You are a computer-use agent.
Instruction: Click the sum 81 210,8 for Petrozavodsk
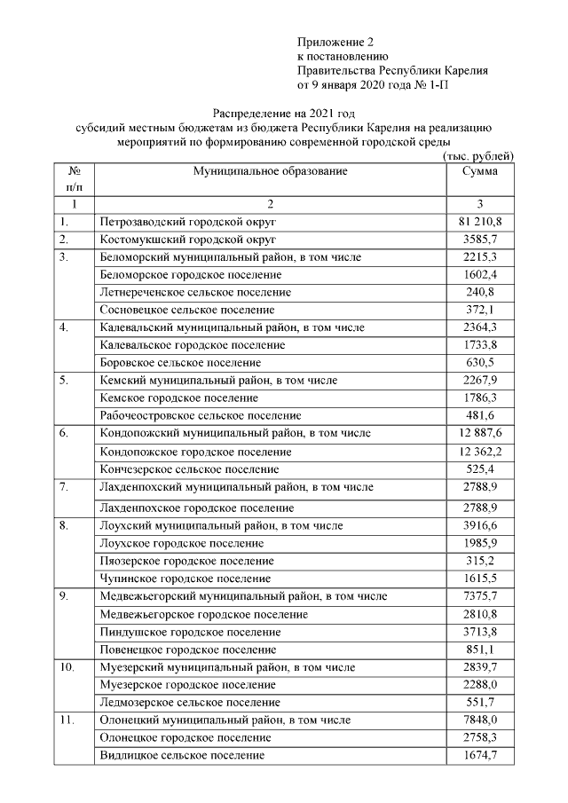click(479, 222)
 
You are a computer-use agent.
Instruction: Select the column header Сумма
click(479, 171)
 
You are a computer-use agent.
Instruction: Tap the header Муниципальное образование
click(271, 171)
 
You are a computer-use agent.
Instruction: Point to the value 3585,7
click(479, 240)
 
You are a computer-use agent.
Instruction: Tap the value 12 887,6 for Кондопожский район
click(479, 433)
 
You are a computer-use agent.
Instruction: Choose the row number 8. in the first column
click(64, 525)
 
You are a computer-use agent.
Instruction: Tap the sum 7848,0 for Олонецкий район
click(479, 720)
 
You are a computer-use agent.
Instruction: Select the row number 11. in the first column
click(66, 720)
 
